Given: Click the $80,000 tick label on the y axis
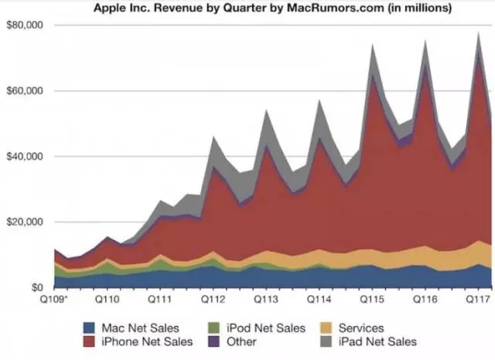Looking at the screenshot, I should coord(25,26).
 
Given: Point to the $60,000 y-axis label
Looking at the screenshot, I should coord(25,91).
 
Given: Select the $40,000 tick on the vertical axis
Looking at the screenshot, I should coord(25,156).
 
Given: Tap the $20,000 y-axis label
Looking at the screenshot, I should coord(25,222).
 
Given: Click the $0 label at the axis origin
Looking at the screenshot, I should coord(37,287).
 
